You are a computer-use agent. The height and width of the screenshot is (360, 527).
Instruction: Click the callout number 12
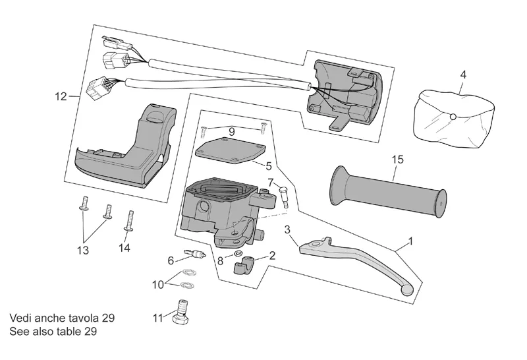tap(61, 96)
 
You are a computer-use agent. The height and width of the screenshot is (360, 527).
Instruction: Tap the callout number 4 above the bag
tap(463, 75)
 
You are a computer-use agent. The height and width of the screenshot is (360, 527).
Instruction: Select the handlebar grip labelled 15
tap(389, 192)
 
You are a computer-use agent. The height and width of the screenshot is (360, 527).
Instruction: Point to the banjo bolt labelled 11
tap(182, 313)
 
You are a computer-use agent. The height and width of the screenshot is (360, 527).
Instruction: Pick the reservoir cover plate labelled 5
tap(231, 150)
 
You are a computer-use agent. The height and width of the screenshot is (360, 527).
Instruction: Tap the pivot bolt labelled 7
tap(284, 196)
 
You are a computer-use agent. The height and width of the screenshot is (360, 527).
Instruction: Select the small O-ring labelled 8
tap(237, 253)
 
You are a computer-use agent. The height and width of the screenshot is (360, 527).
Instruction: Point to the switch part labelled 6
tap(196, 253)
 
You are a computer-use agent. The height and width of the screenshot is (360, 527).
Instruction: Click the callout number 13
tap(83, 251)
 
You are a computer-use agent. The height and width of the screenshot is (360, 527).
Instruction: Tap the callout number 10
tap(158, 285)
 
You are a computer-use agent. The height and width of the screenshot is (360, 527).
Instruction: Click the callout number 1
tap(410, 241)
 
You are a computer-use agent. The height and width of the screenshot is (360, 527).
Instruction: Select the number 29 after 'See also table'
tap(91, 332)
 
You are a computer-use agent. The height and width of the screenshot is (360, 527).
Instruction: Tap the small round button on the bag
tap(453, 117)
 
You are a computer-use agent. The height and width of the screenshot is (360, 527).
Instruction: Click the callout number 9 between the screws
tap(232, 132)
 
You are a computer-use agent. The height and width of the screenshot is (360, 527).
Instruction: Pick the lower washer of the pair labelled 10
tap(185, 285)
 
